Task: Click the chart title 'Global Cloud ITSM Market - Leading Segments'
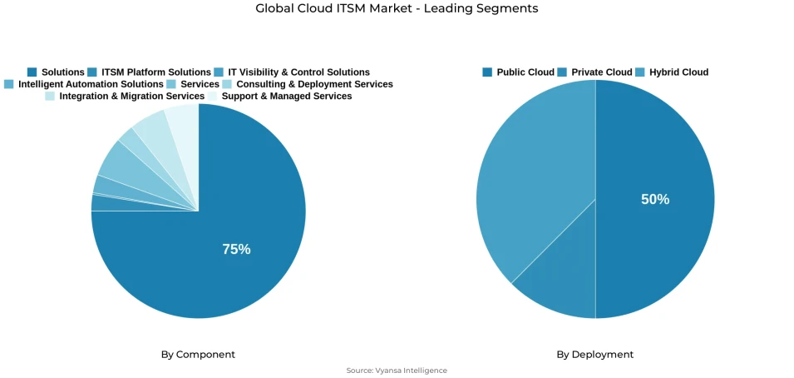click(397, 8)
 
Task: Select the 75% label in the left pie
click(236, 249)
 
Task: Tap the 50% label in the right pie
click(655, 199)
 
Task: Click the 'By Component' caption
click(198, 355)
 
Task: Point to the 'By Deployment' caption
click(594, 355)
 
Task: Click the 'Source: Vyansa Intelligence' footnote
click(397, 371)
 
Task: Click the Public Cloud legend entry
click(525, 72)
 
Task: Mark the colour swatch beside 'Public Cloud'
click(487, 72)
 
